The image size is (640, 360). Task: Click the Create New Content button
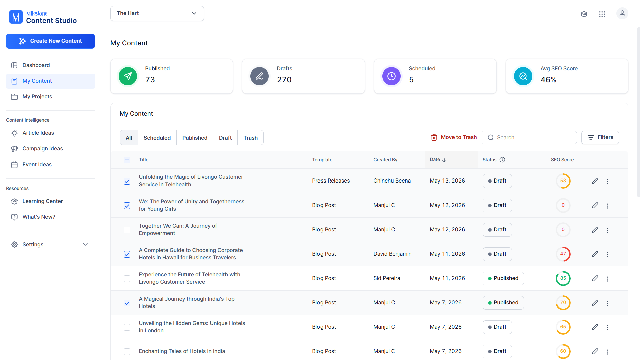pyautogui.click(x=50, y=41)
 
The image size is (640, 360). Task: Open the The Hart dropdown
pyautogui.click(x=157, y=13)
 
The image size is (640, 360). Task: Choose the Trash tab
pyautogui.click(x=250, y=138)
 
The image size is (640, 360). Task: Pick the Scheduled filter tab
pyautogui.click(x=157, y=138)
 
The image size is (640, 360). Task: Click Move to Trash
pyautogui.click(x=454, y=137)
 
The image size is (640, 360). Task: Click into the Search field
pyautogui.click(x=529, y=137)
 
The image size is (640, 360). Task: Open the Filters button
pyautogui.click(x=600, y=137)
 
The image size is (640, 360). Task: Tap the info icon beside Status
pyautogui.click(x=502, y=160)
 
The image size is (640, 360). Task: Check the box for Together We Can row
pyautogui.click(x=127, y=230)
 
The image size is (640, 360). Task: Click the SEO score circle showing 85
pyautogui.click(x=563, y=278)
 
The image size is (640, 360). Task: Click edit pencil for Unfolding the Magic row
pyautogui.click(x=595, y=181)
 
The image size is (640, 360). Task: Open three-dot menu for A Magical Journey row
pyautogui.click(x=608, y=303)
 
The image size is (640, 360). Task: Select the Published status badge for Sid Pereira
pyautogui.click(x=503, y=278)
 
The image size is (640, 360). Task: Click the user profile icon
pyautogui.click(x=622, y=14)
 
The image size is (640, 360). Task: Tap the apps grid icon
pyautogui.click(x=602, y=14)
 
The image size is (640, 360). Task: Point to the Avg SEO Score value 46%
pyautogui.click(x=548, y=80)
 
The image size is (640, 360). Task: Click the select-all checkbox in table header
pyautogui.click(x=127, y=160)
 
